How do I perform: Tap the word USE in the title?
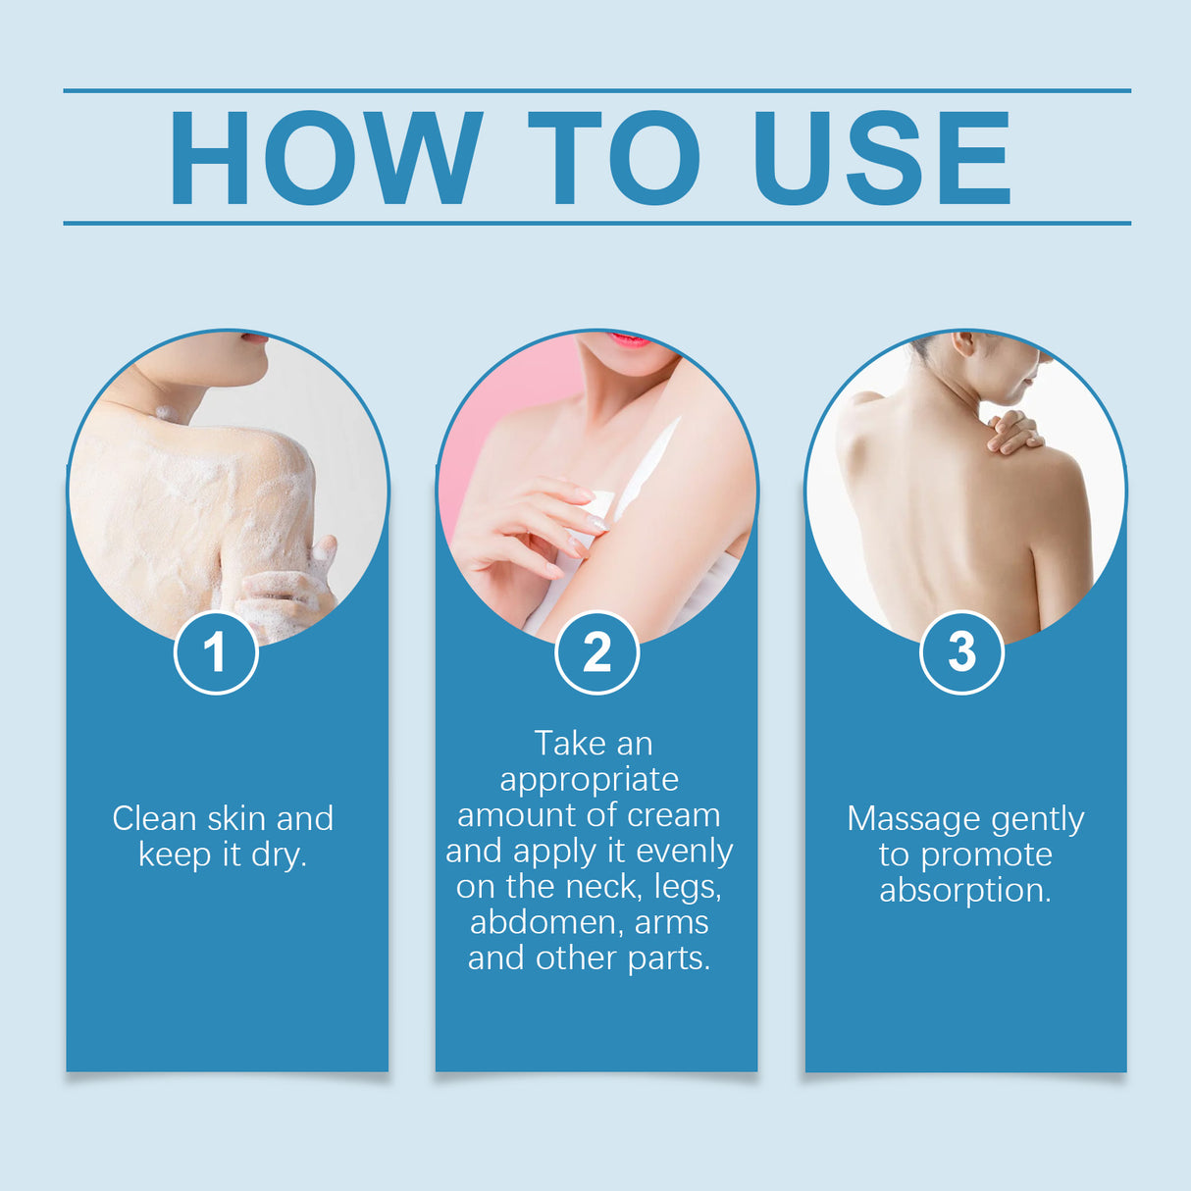(880, 158)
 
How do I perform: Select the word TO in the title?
(614, 158)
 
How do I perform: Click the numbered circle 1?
(216, 652)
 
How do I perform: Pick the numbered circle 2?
(596, 652)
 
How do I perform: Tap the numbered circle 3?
(961, 652)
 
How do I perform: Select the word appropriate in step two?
(589, 779)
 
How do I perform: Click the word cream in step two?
(673, 815)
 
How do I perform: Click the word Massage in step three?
(913, 818)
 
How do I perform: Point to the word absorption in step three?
(964, 890)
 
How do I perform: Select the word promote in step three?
(986, 854)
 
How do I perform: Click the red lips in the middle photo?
(628, 340)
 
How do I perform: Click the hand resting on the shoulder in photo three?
(1012, 433)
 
